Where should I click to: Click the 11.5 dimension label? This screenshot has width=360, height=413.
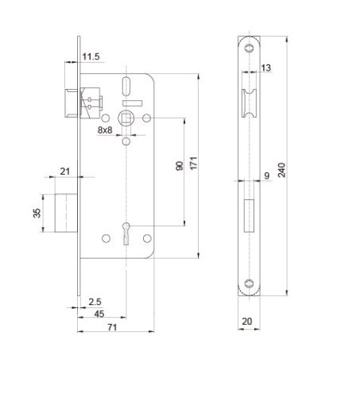[x=91, y=56]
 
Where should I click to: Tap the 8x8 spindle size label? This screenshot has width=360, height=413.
[x=105, y=130]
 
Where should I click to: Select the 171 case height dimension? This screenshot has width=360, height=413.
[x=194, y=163]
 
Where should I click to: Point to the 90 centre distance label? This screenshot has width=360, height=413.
[x=180, y=166]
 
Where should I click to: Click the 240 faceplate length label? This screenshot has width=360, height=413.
[x=281, y=170]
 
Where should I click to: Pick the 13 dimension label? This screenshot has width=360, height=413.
[x=266, y=68]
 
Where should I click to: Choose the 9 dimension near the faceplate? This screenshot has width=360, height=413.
[x=267, y=176]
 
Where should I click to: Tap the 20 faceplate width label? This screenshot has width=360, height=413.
[x=247, y=322]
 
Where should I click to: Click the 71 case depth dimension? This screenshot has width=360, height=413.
[x=112, y=327]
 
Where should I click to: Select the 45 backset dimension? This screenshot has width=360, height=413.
[x=99, y=314]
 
